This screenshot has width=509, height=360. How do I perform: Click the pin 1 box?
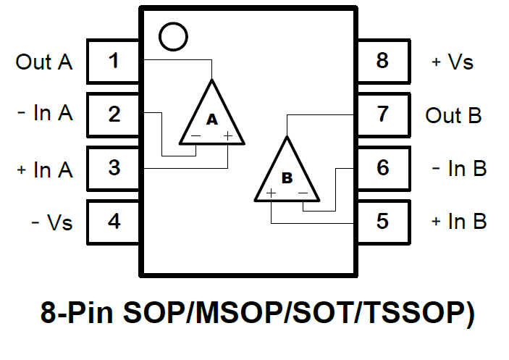click(x=114, y=61)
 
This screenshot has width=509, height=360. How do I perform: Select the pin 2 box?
click(x=114, y=114)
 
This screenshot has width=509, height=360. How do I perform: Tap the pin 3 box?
click(x=114, y=168)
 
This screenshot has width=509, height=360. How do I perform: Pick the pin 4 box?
click(x=114, y=221)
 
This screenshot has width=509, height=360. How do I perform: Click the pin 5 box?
click(x=382, y=221)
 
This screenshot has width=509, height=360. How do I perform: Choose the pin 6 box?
click(x=382, y=168)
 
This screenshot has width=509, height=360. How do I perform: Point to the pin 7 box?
click(x=382, y=114)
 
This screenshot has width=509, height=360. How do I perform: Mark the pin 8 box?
click(x=382, y=61)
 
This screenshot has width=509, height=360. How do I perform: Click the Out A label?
click(x=44, y=62)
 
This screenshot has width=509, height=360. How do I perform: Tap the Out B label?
click(x=453, y=115)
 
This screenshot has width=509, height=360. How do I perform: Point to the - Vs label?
click(x=52, y=222)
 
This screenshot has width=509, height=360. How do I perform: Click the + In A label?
click(x=45, y=169)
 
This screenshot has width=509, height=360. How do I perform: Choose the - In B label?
click(x=459, y=169)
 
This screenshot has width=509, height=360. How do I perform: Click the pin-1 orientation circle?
click(x=172, y=36)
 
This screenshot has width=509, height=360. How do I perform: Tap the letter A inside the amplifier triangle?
click(x=212, y=120)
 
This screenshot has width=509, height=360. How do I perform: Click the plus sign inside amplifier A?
click(x=227, y=135)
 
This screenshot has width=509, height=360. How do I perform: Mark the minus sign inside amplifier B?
click(x=303, y=193)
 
